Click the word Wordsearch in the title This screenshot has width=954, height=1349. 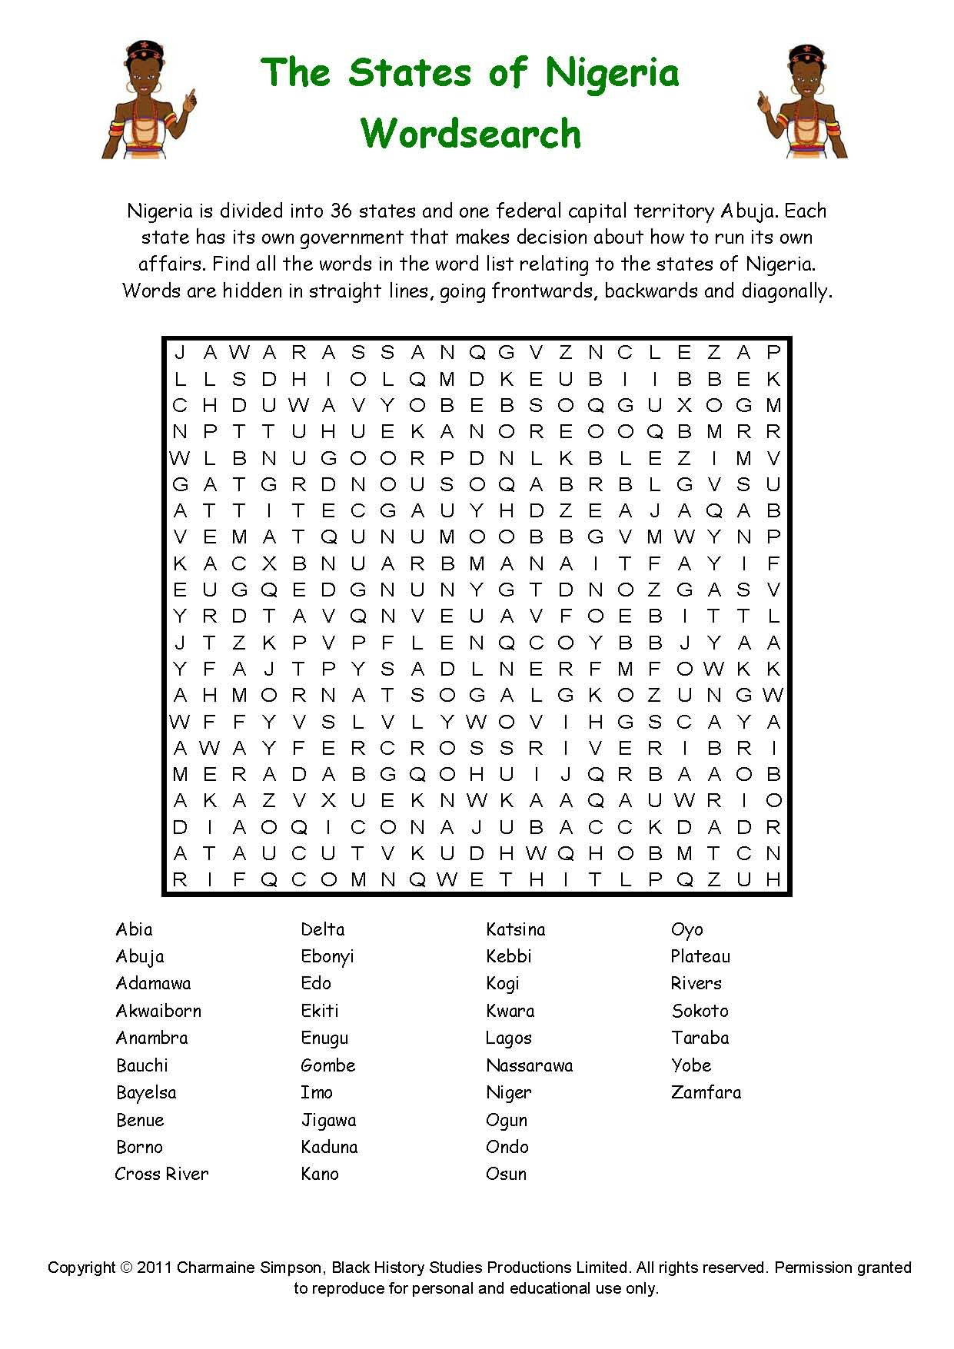click(x=470, y=134)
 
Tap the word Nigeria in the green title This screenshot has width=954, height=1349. click(x=613, y=73)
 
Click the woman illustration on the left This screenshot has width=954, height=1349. click(x=148, y=101)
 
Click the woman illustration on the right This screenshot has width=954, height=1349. click(x=803, y=101)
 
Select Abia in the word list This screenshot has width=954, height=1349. click(x=134, y=929)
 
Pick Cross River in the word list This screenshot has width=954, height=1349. click(x=161, y=1174)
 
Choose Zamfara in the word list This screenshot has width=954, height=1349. click(x=706, y=1092)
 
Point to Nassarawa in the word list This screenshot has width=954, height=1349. click(x=529, y=1065)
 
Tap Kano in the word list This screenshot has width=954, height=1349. click(x=320, y=1174)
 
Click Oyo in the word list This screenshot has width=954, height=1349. click(x=686, y=930)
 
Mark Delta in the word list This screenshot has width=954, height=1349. click(x=323, y=929)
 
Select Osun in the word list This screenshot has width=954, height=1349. click(x=506, y=1174)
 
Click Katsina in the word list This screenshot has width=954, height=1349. click(x=515, y=929)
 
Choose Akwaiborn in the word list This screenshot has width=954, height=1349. click(x=158, y=1011)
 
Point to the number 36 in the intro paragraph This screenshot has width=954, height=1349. click(x=341, y=211)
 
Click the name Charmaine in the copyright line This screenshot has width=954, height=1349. click(x=214, y=1268)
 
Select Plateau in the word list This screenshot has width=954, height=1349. click(x=700, y=956)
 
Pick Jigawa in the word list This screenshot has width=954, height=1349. click(x=328, y=1120)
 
